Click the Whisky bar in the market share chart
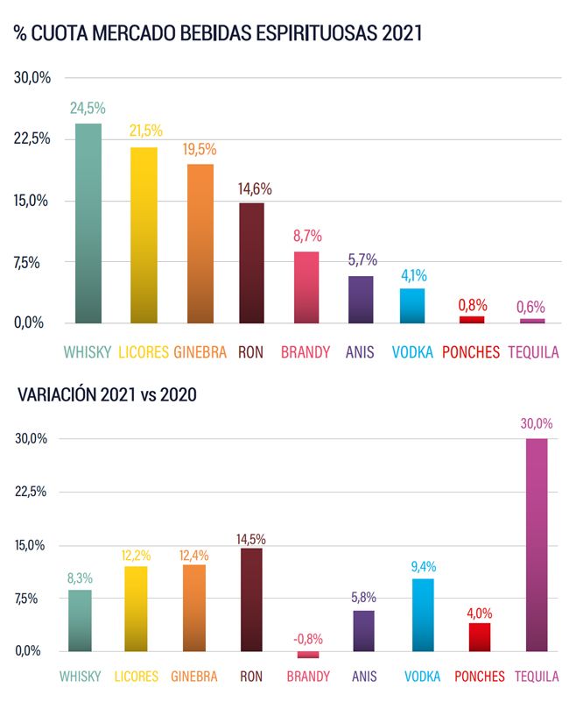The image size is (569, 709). [x=88, y=223]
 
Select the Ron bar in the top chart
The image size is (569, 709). [x=251, y=263]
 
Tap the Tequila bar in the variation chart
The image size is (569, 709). [x=536, y=544]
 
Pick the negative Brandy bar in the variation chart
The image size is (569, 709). [x=308, y=655]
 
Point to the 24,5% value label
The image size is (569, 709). [x=88, y=109]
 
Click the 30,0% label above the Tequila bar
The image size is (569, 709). [x=536, y=423]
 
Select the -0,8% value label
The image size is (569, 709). [x=308, y=638]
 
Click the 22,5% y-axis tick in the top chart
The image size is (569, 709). [x=32, y=138]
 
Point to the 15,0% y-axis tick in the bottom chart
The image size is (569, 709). [x=32, y=545]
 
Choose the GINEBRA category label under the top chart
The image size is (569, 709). [x=200, y=352]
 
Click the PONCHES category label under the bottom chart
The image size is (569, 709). [x=479, y=677]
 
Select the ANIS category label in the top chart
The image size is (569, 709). [x=360, y=352]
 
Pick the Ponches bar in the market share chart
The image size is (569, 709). [x=472, y=319]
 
